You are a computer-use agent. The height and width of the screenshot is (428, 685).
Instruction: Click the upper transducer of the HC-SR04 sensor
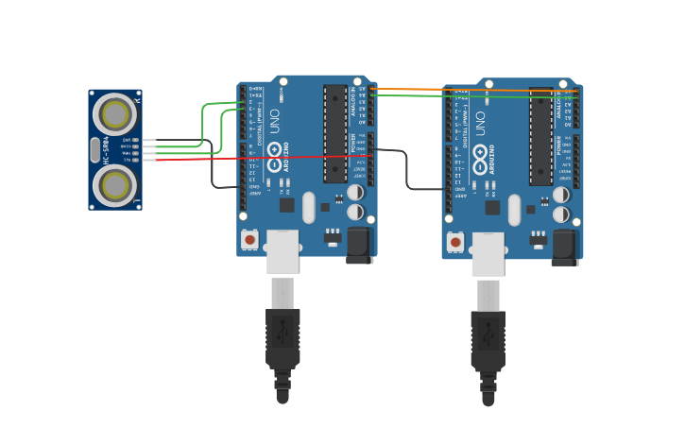[115, 114]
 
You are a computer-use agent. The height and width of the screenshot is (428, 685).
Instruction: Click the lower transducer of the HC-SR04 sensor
[115, 185]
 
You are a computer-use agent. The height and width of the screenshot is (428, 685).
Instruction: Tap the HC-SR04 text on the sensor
[106, 150]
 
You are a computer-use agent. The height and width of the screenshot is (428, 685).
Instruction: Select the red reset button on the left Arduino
[249, 240]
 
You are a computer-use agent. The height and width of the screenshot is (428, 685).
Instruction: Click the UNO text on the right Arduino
[480, 123]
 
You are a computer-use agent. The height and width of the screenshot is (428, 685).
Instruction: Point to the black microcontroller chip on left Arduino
[335, 133]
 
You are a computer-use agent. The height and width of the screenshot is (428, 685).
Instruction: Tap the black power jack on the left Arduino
[360, 245]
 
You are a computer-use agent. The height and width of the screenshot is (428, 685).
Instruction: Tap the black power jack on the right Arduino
[565, 248]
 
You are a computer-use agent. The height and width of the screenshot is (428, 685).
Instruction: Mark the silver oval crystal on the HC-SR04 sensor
[95, 149]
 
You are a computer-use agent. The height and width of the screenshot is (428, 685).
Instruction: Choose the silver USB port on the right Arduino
[488, 254]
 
